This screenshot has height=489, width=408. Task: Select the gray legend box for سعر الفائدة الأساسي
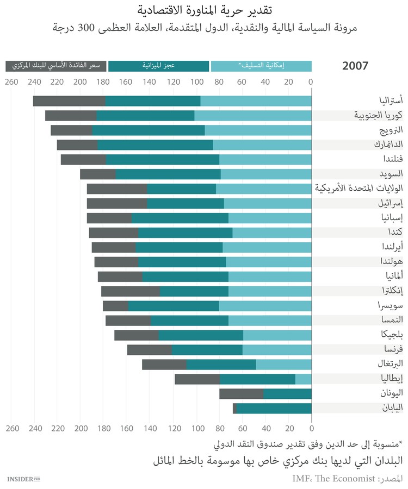click(56, 66)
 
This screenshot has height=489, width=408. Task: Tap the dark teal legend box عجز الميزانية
click(158, 66)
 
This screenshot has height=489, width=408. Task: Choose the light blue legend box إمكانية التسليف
click(261, 66)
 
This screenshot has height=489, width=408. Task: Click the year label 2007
click(355, 66)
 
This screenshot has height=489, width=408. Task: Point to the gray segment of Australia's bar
click(69, 101)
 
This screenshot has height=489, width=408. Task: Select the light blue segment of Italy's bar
click(303, 379)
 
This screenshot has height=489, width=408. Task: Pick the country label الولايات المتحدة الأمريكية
click(359, 189)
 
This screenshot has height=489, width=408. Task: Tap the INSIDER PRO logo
click(24, 479)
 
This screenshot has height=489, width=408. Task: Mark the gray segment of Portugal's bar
click(164, 364)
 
